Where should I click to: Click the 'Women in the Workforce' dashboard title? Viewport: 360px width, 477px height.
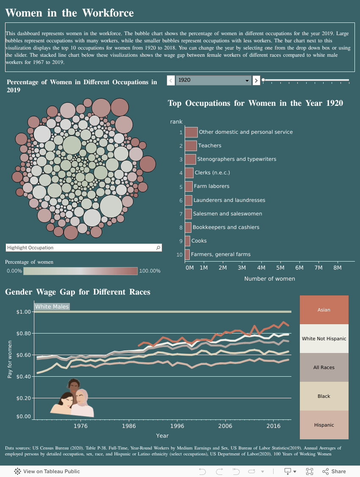(x=69, y=13)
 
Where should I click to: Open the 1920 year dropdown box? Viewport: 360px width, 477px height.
(x=213, y=80)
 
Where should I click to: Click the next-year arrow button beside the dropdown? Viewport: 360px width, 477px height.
(x=256, y=80)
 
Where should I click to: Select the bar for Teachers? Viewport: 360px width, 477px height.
(x=191, y=146)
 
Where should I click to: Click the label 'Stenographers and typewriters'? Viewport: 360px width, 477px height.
(x=236, y=159)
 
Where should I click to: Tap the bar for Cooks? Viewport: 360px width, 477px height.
(x=187, y=241)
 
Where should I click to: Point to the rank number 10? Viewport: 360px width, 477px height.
(x=180, y=255)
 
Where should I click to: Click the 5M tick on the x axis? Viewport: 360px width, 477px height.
(x=280, y=268)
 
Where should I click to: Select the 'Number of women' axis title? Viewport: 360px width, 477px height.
(x=269, y=279)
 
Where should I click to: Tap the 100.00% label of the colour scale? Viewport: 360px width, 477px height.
(x=150, y=271)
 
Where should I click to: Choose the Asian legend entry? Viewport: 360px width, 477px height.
(x=324, y=310)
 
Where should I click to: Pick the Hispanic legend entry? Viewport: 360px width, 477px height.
(x=324, y=425)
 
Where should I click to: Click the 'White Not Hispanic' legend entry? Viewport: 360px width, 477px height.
(x=324, y=339)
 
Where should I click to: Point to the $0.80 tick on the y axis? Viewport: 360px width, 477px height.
(x=24, y=334)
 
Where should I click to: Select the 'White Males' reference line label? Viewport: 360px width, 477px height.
(x=52, y=307)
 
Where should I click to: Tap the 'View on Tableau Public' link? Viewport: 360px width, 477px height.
(x=47, y=471)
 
